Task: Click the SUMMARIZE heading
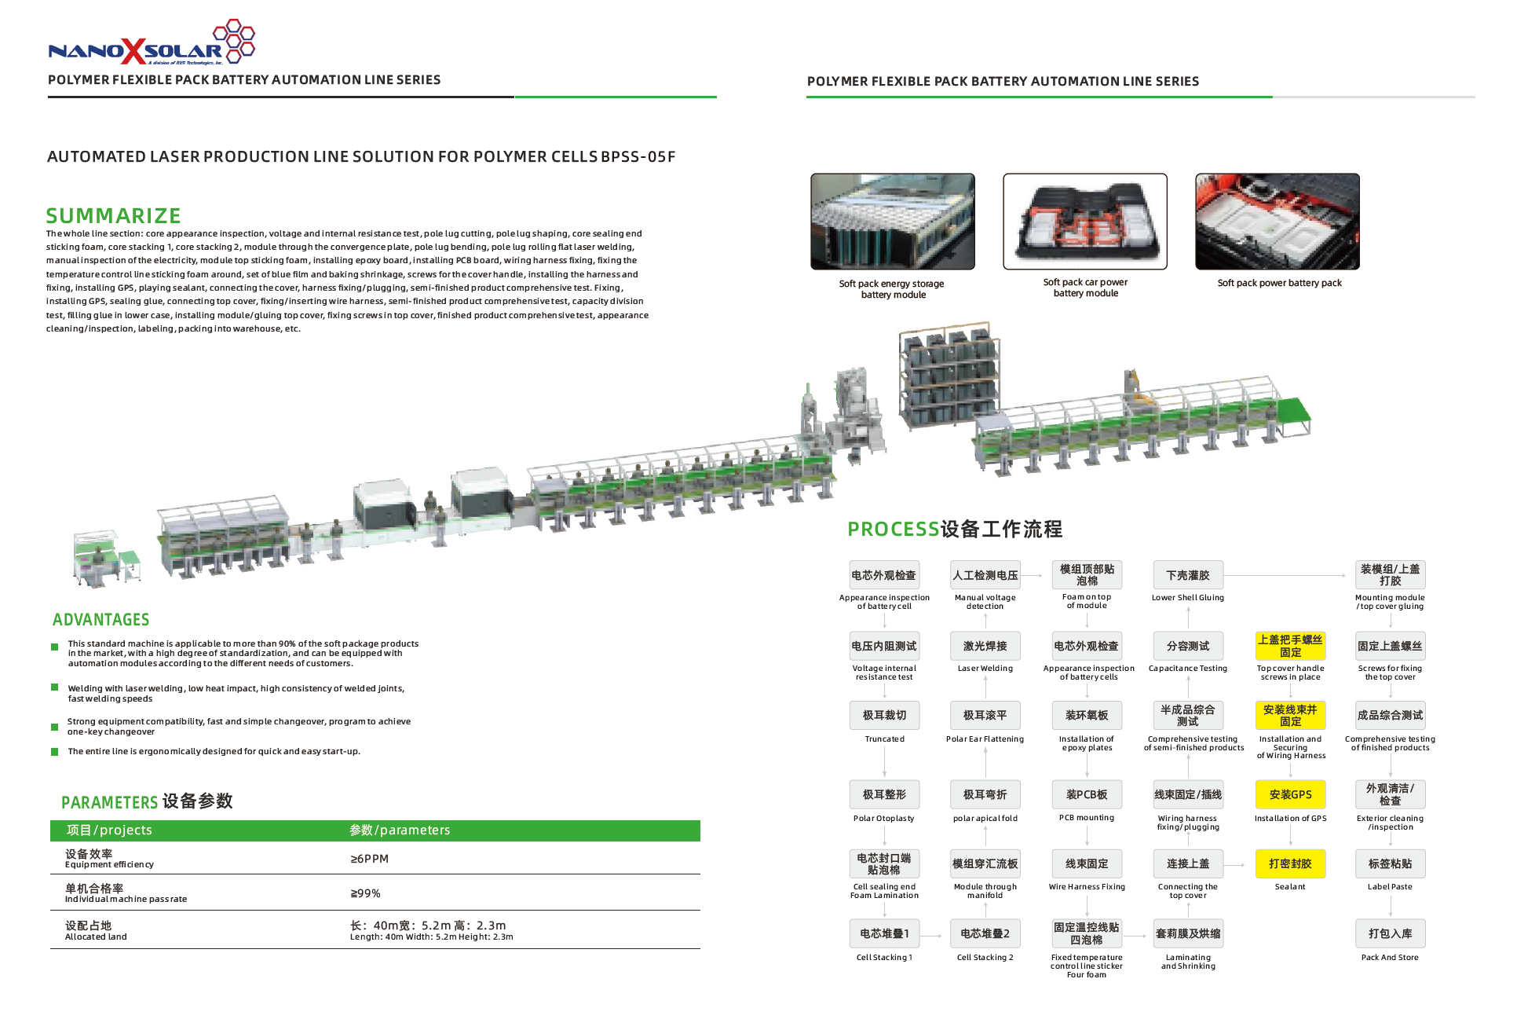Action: click(113, 215)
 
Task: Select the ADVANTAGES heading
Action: click(101, 620)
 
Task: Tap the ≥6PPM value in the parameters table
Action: click(369, 859)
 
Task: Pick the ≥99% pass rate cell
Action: click(365, 893)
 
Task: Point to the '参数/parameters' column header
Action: click(400, 830)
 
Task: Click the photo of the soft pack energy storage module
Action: click(893, 222)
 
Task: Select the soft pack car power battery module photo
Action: click(1084, 222)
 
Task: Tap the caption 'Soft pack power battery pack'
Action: click(1279, 283)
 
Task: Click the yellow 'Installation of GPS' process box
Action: click(1290, 794)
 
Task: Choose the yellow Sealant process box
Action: click(1290, 863)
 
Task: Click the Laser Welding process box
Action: click(985, 646)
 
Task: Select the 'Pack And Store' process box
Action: click(1390, 933)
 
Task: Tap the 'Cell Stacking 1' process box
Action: click(884, 933)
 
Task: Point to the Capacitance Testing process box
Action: click(1187, 646)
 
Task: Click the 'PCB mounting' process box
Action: click(1087, 794)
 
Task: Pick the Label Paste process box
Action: click(1390, 863)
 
